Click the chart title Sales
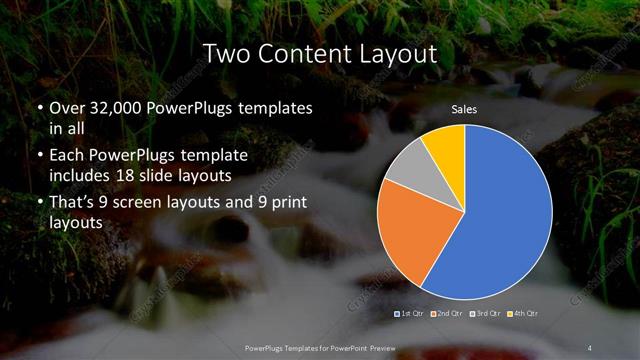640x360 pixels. point(464,108)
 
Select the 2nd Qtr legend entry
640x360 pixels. point(447,315)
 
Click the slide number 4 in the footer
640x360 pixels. point(591,347)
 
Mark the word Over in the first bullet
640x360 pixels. point(67,107)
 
